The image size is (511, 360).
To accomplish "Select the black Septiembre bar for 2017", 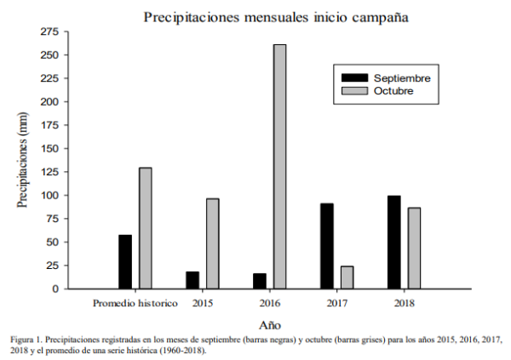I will [x=327, y=246].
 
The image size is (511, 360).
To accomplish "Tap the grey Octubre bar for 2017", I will [x=347, y=277].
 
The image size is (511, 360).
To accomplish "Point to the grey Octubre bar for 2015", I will [x=212, y=243].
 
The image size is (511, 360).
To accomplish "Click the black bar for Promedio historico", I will [x=125, y=261].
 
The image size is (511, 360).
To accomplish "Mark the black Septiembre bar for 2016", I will [x=259, y=281].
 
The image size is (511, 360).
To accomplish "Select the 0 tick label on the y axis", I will [x=55, y=289].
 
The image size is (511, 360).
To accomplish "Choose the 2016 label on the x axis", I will [x=270, y=302].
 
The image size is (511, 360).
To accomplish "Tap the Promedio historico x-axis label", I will [x=135, y=302].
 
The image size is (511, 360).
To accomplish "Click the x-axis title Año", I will [x=270, y=324].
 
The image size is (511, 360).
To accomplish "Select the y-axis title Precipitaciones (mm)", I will [x=23, y=160].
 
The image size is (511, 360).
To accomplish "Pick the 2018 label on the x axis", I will [x=404, y=302].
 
